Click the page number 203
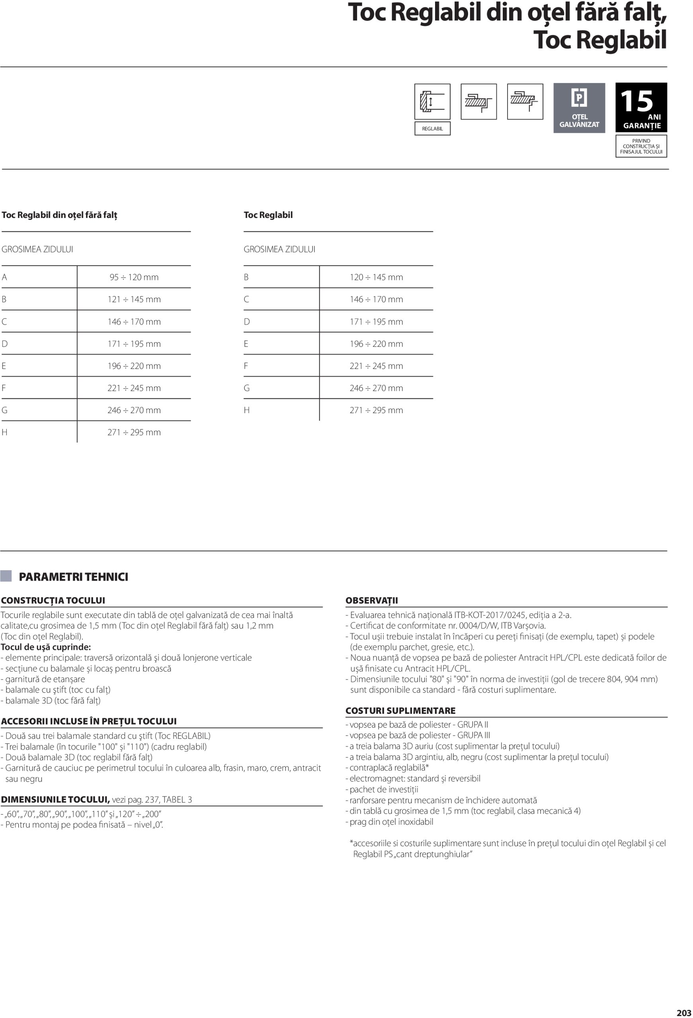click(683, 1012)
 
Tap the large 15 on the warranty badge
click(636, 102)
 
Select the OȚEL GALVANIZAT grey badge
click(579, 108)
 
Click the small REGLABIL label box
click(432, 128)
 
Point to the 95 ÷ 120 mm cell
click(134, 277)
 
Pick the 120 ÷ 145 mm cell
click(376, 277)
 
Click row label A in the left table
click(4, 277)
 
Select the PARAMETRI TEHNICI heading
click(73, 577)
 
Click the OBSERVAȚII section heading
click(371, 600)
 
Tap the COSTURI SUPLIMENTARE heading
click(400, 711)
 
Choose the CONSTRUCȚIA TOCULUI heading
click(53, 600)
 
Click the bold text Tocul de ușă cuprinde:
click(46, 647)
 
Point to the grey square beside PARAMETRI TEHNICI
click(6, 576)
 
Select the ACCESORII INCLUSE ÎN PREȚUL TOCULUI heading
click(88, 721)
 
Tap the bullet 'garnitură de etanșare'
click(45, 679)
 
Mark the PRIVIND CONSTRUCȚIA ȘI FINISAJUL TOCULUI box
click(641, 146)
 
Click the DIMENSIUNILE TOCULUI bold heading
click(55, 799)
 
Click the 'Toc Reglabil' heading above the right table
click(268, 215)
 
